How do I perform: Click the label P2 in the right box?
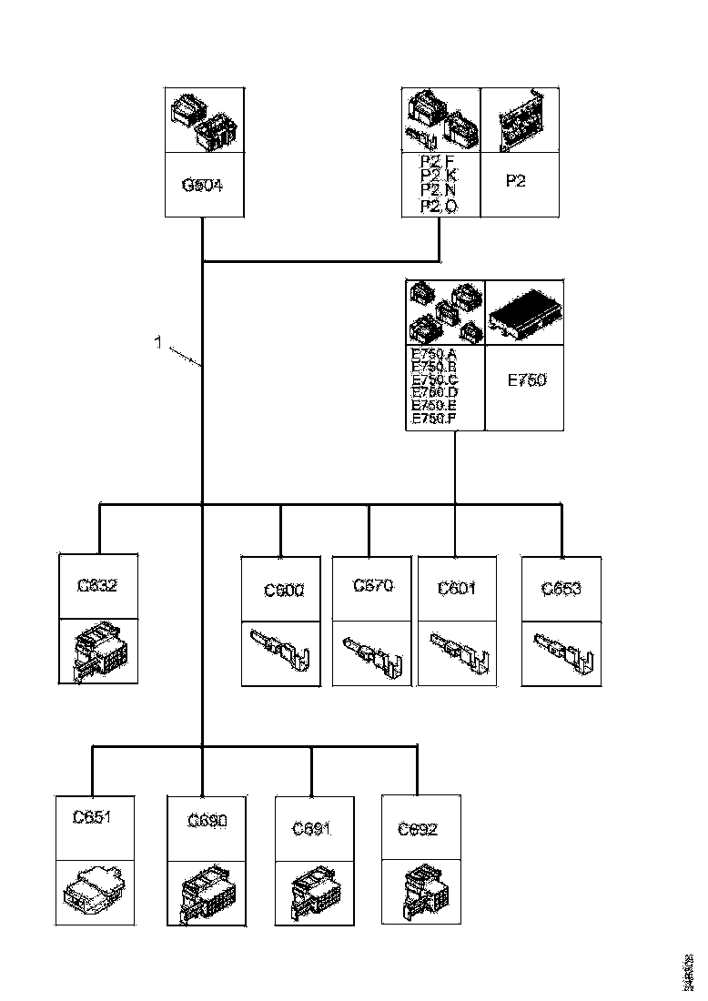[516, 181]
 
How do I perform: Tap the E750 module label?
[526, 380]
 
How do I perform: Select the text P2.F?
[439, 162]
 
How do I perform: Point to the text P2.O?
[439, 207]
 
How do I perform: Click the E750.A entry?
[434, 355]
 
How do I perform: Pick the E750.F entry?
[434, 419]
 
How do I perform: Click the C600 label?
[284, 590]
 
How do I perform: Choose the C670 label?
[373, 585]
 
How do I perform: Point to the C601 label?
[457, 588]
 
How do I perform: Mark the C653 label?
[561, 588]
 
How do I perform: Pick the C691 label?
[312, 829]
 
